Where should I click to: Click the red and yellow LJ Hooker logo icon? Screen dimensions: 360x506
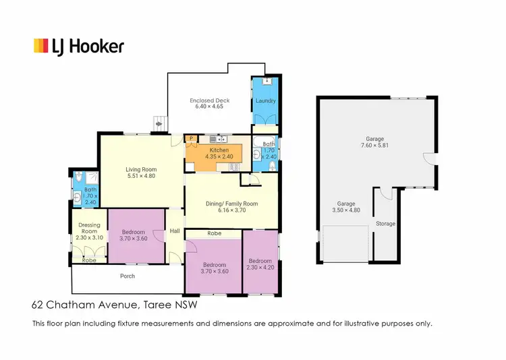41,46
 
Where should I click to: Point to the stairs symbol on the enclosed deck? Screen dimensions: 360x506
159,123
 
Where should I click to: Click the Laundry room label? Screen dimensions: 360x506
265,101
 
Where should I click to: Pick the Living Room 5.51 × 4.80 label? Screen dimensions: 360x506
141,173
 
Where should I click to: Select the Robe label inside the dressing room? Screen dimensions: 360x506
88,260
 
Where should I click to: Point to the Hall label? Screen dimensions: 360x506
175,231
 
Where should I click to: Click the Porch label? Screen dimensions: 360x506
128,276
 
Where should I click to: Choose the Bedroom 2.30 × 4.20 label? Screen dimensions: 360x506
260,264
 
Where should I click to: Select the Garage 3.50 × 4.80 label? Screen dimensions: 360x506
346,206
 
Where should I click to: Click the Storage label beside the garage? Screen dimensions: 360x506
385,223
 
